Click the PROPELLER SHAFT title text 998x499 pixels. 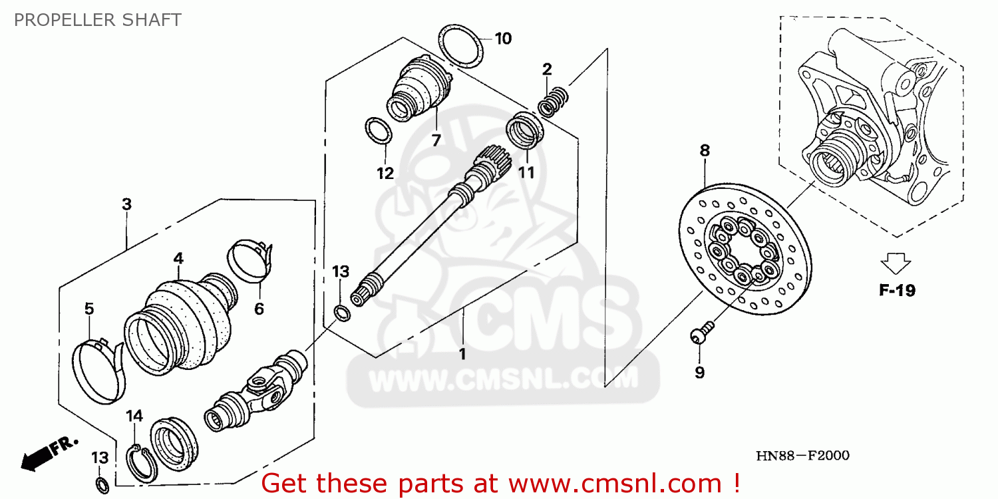click(98, 20)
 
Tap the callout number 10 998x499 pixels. click(503, 39)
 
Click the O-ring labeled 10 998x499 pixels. click(461, 46)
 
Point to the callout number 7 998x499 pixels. click(436, 140)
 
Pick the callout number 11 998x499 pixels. click(527, 173)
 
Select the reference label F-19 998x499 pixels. click(897, 290)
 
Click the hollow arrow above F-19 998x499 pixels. click(897, 263)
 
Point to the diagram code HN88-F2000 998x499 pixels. click(802, 456)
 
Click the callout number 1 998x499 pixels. click(462, 353)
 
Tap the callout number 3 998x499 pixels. click(126, 205)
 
